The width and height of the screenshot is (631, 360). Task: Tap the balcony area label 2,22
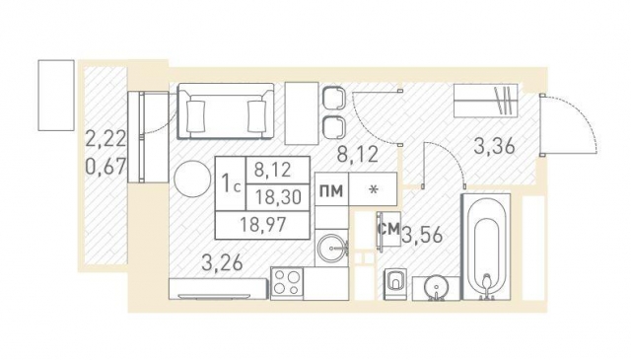pos(106,139)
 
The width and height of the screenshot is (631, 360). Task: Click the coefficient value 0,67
pos(106,166)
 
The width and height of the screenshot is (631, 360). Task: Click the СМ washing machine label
pos(389,229)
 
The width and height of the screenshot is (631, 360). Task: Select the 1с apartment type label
pos(232,183)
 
